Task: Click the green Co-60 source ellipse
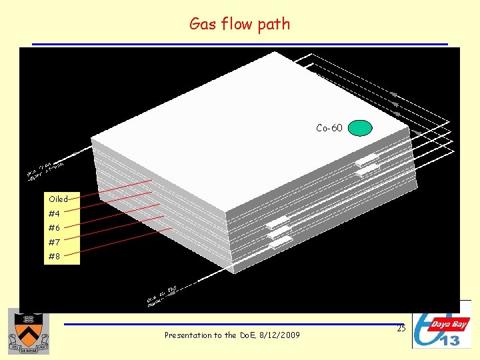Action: pos(360,127)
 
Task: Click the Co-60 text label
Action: pos(329,128)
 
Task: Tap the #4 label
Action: pos(54,213)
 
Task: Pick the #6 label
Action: pos(54,227)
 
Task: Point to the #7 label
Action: pos(54,242)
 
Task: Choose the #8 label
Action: pos(54,256)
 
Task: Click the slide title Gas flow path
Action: pos(239,24)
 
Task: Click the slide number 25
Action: pos(400,328)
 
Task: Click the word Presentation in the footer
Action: pos(190,335)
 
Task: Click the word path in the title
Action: pos(275,25)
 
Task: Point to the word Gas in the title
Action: pos(202,24)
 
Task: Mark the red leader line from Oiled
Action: pos(113,189)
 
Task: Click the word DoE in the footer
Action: pos(249,335)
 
